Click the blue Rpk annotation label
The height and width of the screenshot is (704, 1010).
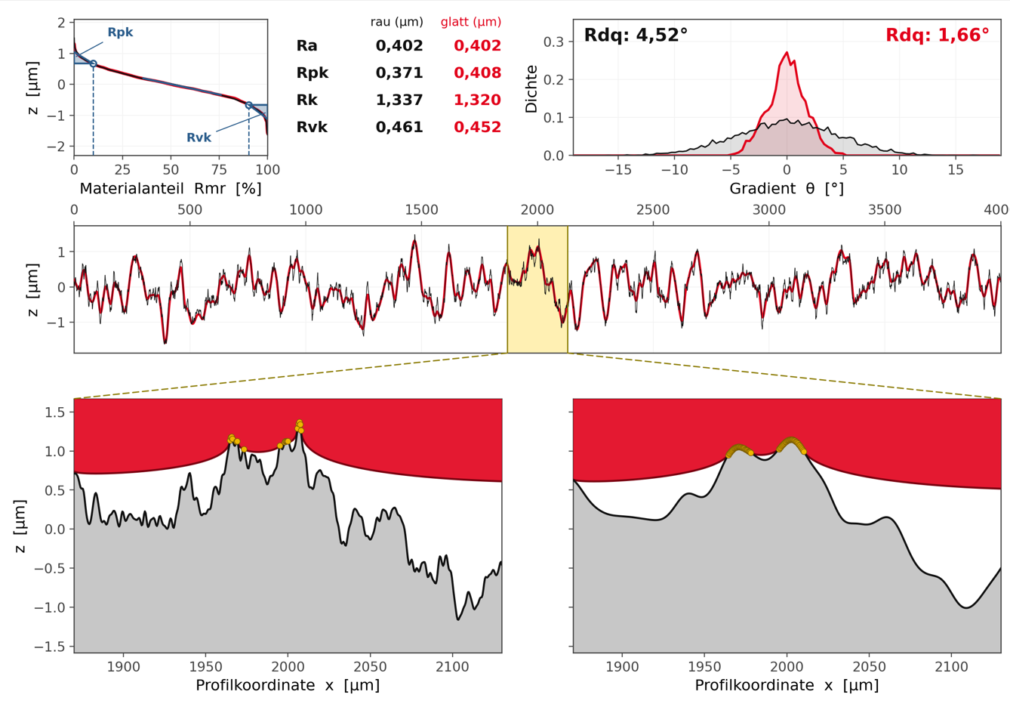(120, 32)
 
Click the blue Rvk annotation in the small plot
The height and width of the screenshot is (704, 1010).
(199, 137)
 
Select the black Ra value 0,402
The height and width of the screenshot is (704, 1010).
(399, 45)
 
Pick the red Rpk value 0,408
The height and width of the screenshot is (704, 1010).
(478, 73)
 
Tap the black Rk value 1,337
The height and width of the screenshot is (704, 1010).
(399, 100)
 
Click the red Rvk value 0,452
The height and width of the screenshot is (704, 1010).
(478, 127)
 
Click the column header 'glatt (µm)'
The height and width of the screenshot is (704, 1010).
(471, 22)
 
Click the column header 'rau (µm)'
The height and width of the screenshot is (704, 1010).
(397, 22)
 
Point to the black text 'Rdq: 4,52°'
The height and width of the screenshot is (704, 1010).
(636, 35)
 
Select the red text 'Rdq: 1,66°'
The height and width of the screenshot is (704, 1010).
(938, 35)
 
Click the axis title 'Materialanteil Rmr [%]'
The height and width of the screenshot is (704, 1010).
(171, 189)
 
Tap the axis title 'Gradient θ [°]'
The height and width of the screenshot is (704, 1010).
(787, 189)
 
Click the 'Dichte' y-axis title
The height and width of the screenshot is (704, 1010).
(531, 89)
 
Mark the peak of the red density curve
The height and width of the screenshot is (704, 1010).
(787, 52)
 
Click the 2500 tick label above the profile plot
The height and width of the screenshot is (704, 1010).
(653, 210)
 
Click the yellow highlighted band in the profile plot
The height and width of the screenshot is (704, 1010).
(537, 289)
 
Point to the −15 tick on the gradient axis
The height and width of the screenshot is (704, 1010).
(618, 170)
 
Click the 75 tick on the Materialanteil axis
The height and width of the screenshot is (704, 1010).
(219, 170)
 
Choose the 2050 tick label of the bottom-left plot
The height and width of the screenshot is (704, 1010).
(370, 667)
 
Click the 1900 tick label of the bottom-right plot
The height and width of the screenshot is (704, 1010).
(622, 667)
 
